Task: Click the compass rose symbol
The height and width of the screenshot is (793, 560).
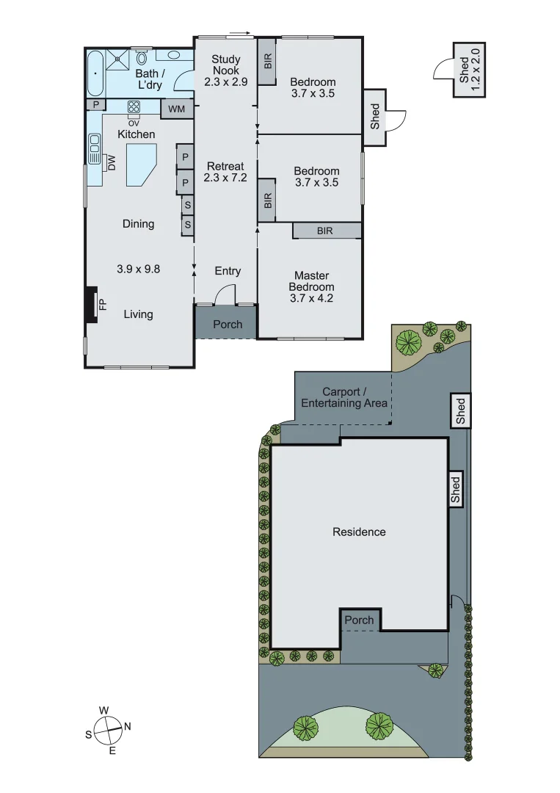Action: (108, 730)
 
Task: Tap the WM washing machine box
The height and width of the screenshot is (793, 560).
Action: (177, 109)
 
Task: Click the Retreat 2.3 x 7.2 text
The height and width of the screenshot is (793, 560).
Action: (226, 172)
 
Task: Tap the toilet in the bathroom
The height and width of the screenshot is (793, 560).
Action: (142, 57)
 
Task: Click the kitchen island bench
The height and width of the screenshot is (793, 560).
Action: (140, 166)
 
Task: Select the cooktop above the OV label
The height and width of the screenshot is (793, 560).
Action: (134, 106)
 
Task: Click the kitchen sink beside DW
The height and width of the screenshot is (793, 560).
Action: (95, 150)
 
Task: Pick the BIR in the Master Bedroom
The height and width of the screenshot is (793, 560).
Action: (324, 231)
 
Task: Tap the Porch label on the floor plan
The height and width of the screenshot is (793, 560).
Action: (227, 325)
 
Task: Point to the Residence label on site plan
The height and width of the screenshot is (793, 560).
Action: (359, 532)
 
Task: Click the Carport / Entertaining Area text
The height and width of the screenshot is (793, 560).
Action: (344, 398)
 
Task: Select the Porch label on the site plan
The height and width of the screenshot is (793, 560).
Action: (359, 620)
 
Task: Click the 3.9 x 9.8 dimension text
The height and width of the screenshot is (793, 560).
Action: (138, 269)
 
